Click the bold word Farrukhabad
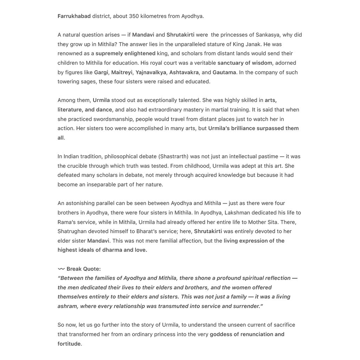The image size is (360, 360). [x=74, y=16]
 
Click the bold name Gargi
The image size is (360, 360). [x=101, y=72]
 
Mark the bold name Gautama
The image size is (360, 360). [x=224, y=72]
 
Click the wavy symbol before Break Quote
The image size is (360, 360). [x=61, y=269]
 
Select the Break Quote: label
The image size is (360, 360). [x=84, y=269]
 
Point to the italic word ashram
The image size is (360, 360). [x=67, y=306]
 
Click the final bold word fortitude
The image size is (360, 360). [x=69, y=344]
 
